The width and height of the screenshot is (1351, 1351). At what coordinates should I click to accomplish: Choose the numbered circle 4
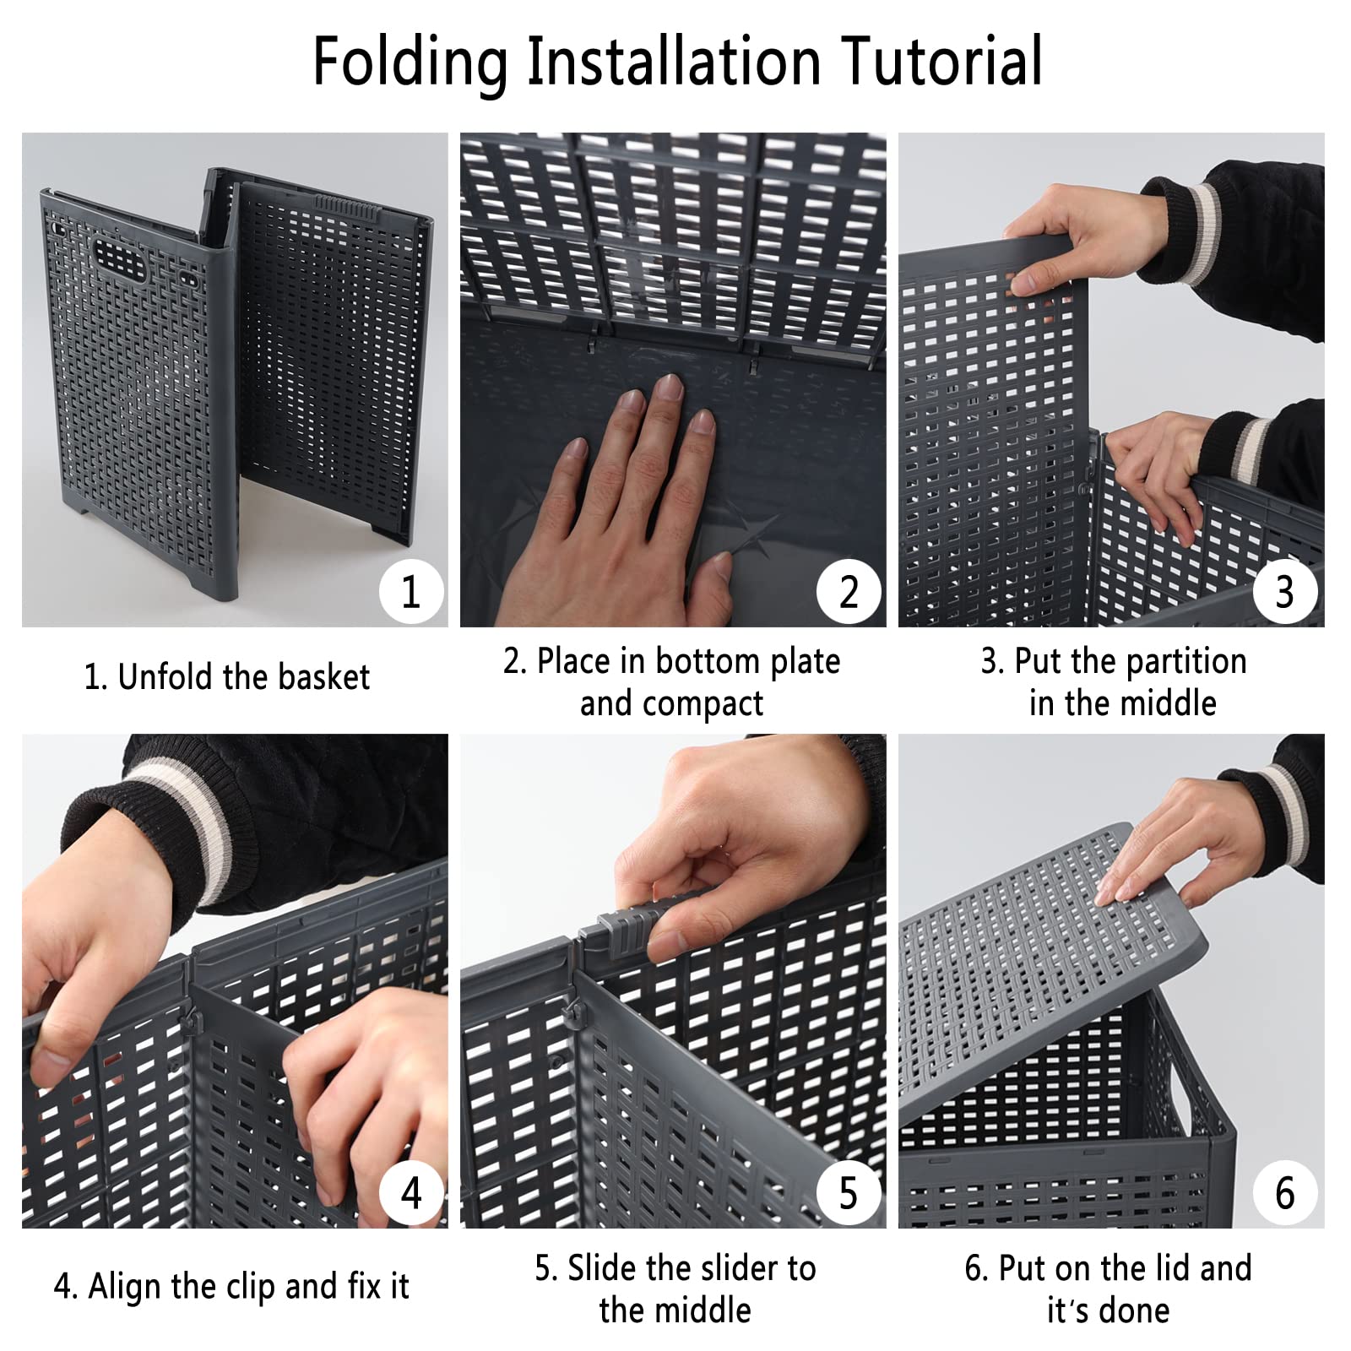(410, 1192)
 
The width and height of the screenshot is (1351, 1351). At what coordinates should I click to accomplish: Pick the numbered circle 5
(849, 1192)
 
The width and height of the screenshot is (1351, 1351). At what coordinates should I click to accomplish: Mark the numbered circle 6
(1284, 1192)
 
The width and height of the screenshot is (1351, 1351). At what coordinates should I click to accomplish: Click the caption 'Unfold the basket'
(243, 677)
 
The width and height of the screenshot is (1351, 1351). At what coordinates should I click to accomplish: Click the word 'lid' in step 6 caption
(1169, 1268)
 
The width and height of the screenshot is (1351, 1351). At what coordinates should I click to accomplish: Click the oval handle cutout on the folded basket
(119, 260)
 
